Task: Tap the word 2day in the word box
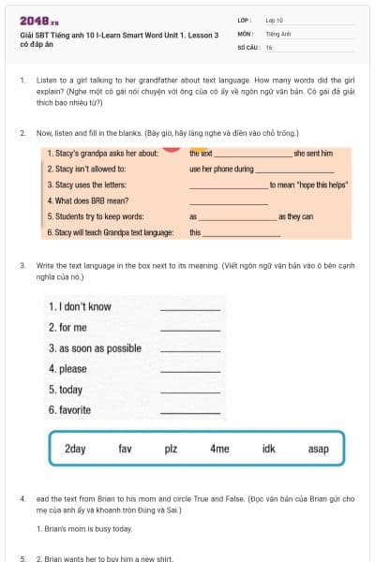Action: coord(75,449)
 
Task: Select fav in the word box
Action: coord(125,449)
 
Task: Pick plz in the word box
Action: coord(171,449)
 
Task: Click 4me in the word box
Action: coord(219,449)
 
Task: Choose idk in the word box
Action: coord(269,449)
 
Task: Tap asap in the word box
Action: coord(318,449)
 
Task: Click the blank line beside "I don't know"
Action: coord(190,309)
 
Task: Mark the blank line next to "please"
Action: coord(190,372)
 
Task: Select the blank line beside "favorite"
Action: coord(190,413)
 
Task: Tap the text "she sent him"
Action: coord(313,153)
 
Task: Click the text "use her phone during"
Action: coord(221,170)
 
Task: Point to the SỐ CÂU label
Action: coord(247,46)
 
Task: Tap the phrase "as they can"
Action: coord(295,216)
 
